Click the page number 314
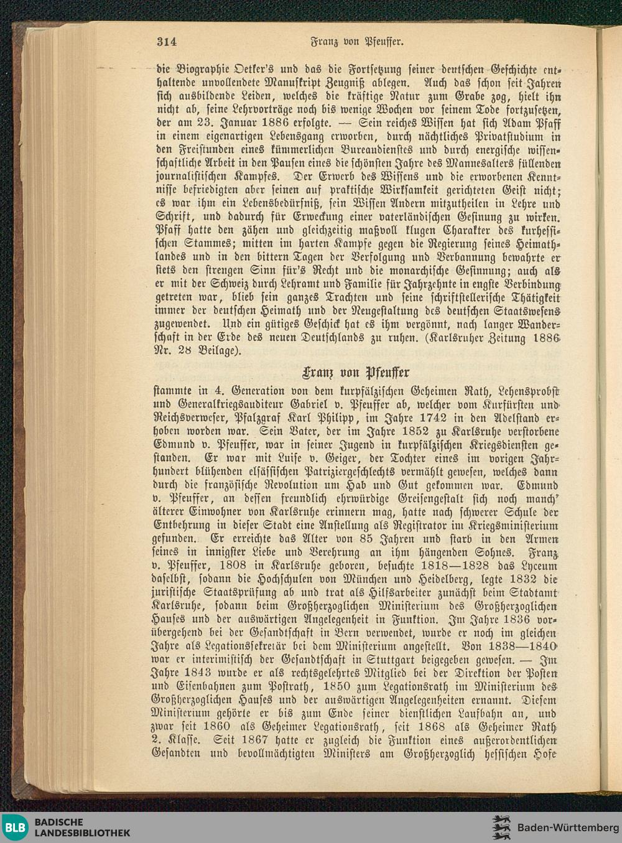point(167,42)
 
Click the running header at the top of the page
point(358,42)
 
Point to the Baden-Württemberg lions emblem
point(501,827)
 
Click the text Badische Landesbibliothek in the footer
point(82,827)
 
